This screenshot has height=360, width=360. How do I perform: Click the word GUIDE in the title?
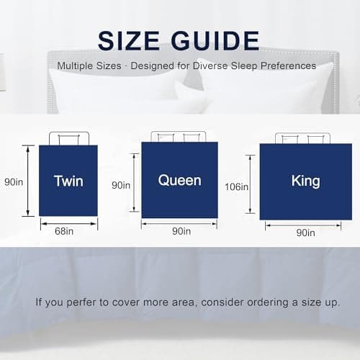(218, 40)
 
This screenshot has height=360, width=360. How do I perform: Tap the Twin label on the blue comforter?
(68, 180)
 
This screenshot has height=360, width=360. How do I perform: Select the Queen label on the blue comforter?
(179, 179)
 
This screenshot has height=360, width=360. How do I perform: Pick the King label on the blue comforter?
(305, 179)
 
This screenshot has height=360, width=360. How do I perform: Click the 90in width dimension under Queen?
(181, 231)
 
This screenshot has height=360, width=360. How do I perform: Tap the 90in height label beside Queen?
(121, 185)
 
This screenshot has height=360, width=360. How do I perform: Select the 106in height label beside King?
(236, 187)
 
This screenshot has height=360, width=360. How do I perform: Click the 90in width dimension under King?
(305, 233)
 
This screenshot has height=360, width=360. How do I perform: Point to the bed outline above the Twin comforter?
(68, 138)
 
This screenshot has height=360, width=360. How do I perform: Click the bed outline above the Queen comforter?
(179, 136)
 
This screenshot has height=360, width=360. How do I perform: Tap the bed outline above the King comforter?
(302, 138)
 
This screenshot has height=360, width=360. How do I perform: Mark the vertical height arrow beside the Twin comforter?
(28, 181)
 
